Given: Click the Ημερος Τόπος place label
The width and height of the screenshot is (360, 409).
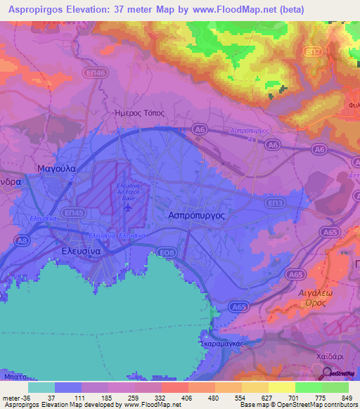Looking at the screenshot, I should [139, 112].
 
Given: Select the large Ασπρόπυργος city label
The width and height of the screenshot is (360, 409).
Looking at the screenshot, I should [196, 216].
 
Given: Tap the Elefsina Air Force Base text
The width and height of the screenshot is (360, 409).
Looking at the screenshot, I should [128, 191].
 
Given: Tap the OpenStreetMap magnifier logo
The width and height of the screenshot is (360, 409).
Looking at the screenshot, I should [326, 374].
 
